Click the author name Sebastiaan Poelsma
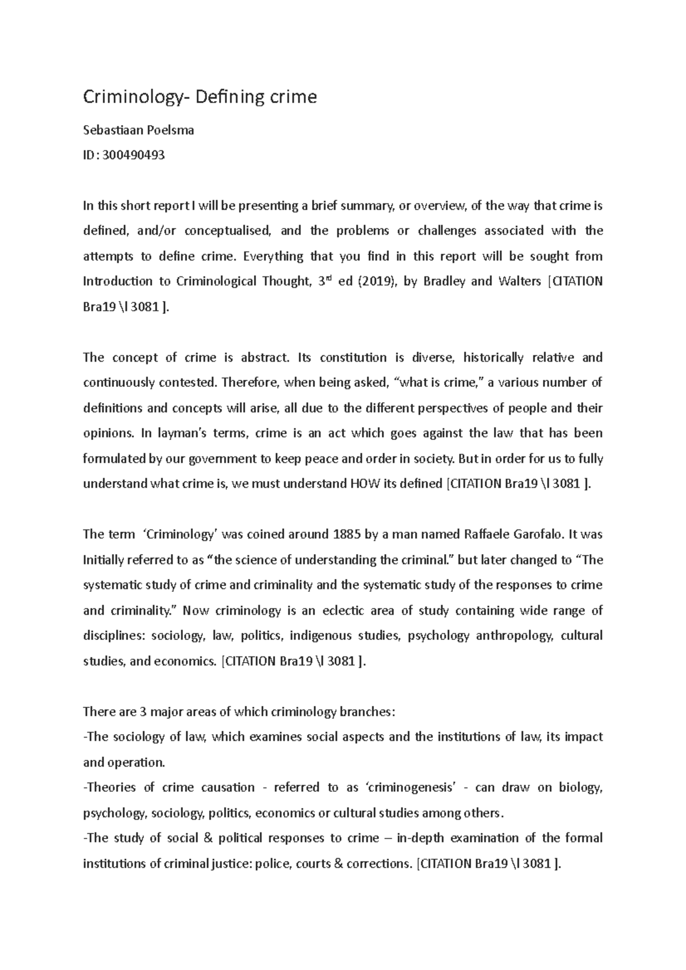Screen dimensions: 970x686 click(138, 130)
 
